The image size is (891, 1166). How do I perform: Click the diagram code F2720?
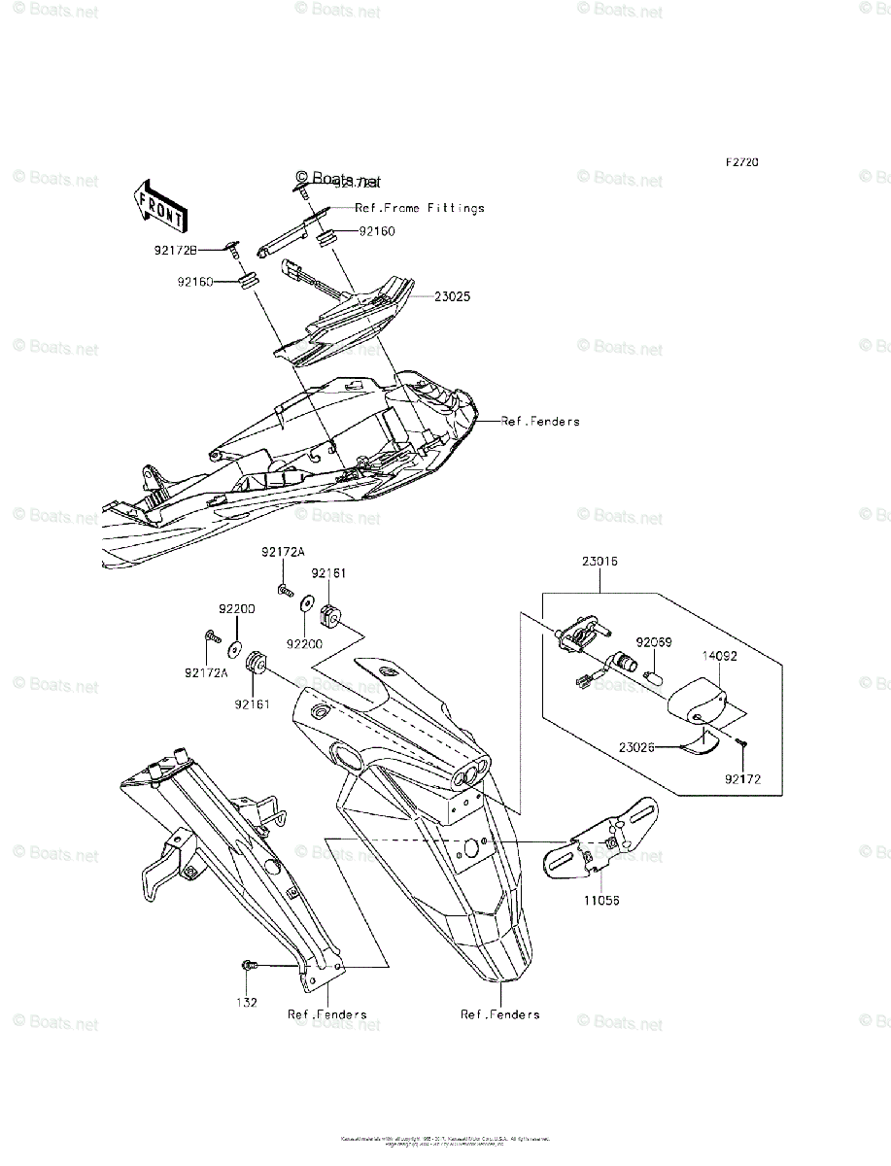pyautogui.click(x=739, y=163)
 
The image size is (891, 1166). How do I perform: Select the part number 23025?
pyautogui.click(x=452, y=296)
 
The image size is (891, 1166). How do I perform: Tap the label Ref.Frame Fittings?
pyautogui.click(x=419, y=208)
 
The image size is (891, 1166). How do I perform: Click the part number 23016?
pyautogui.click(x=600, y=562)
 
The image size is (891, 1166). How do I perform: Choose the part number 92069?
pyautogui.click(x=653, y=642)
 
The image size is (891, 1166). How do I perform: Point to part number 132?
pyautogui.click(x=250, y=1002)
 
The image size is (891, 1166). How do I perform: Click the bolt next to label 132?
pyautogui.click(x=249, y=965)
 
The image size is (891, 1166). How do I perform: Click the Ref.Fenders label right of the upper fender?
pyautogui.click(x=539, y=422)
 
